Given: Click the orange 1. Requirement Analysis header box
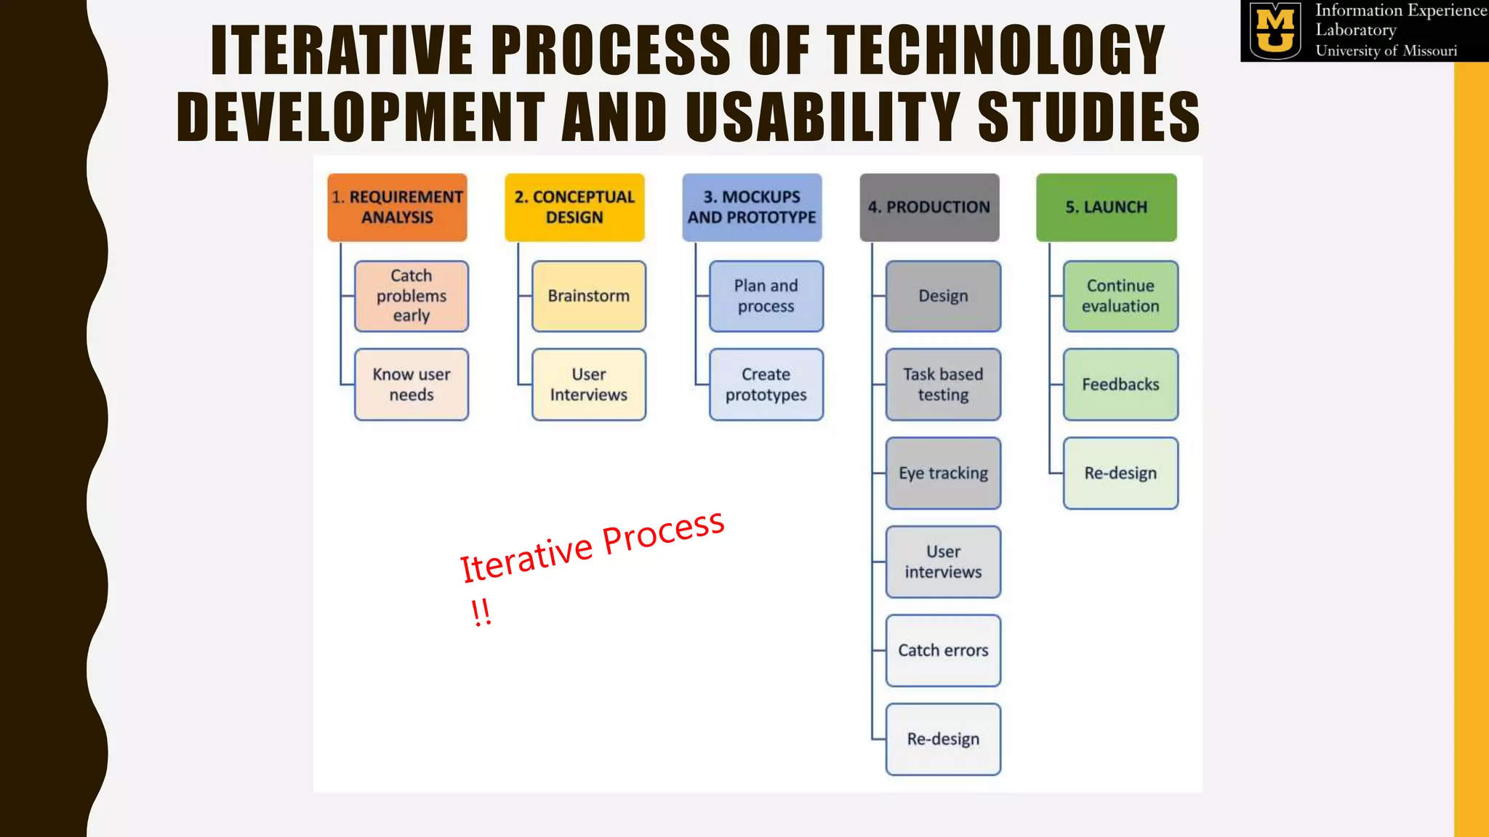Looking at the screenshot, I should [397, 207].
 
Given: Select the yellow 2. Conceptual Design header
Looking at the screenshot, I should [574, 207].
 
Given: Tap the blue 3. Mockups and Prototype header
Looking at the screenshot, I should [752, 207].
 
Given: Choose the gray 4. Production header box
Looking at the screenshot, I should [929, 207].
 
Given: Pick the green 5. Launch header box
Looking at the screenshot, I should [1106, 207].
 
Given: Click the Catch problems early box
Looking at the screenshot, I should [412, 296].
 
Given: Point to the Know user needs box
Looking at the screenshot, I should [412, 384].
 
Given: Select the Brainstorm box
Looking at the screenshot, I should [589, 296].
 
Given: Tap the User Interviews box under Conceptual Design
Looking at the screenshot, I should [589, 384].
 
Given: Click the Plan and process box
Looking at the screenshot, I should [766, 296].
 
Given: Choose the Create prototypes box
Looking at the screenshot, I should [766, 384].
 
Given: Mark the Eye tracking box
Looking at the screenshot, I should [943, 473].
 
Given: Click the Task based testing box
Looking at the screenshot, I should [943, 384].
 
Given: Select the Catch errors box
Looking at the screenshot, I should [943, 650].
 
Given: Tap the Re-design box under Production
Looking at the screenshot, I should [943, 739].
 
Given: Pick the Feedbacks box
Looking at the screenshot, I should [1120, 384].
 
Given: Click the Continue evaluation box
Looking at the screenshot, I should [1120, 296].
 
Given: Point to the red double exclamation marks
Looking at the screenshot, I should [481, 612].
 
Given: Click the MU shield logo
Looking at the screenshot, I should [1275, 31].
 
